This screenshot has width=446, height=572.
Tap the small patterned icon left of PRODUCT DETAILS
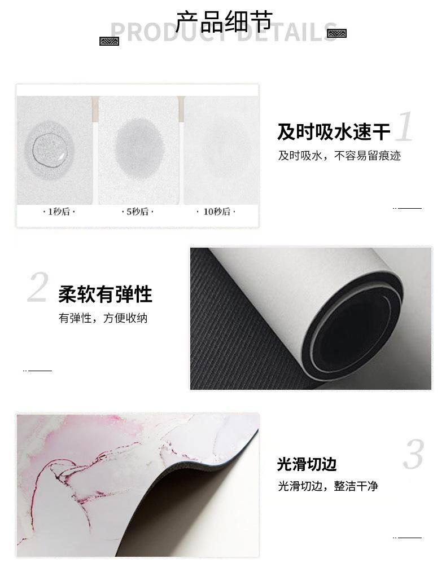click(110, 41)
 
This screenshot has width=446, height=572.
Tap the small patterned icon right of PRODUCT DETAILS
click(336, 34)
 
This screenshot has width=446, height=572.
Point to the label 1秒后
click(59, 212)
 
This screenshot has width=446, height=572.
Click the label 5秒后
click(138, 212)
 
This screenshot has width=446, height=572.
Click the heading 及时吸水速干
click(333, 132)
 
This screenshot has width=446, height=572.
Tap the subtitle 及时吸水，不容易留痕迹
click(339, 156)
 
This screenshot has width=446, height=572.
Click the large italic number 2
click(38, 288)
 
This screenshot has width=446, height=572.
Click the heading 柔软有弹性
click(105, 294)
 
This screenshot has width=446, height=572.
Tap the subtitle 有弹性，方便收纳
click(103, 318)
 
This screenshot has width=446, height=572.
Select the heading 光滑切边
click(307, 464)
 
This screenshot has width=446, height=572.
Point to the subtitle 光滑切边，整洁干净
click(327, 486)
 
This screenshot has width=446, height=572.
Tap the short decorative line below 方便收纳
click(38, 371)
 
